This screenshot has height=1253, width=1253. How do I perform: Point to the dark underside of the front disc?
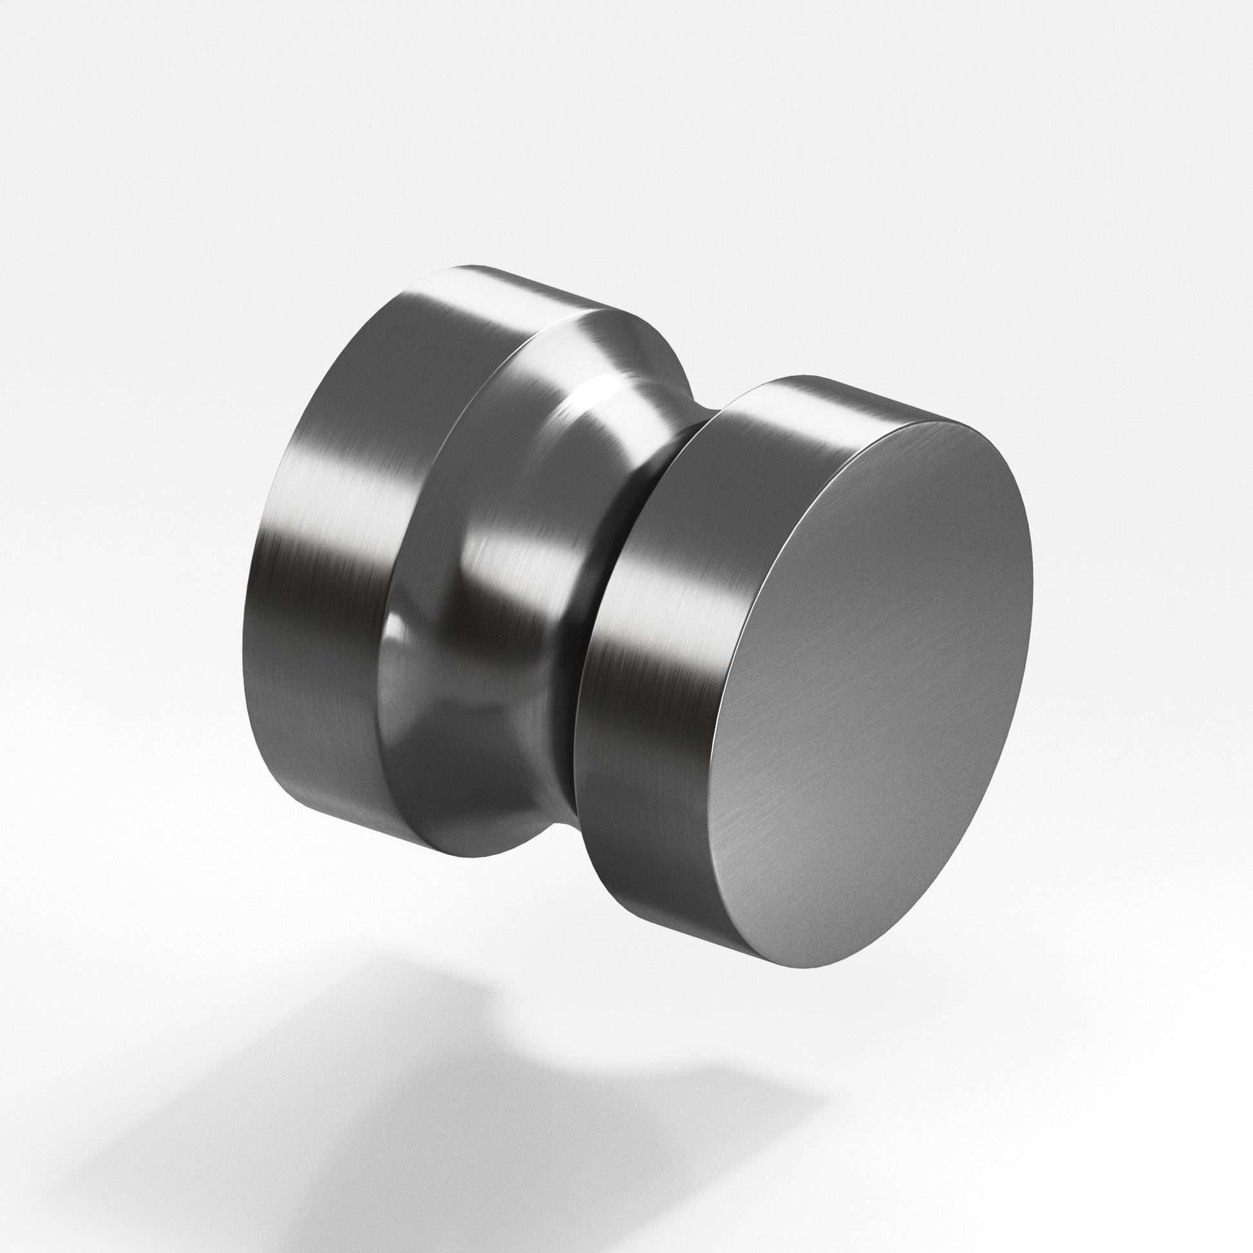(x=648, y=876)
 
